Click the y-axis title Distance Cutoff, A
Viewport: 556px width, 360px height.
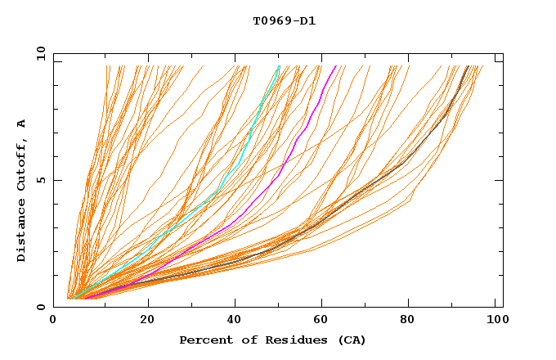point(21,191)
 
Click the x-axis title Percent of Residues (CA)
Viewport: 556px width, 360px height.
point(272,340)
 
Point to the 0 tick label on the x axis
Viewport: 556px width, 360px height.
point(54,320)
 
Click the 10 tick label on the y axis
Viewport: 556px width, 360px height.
point(40,53)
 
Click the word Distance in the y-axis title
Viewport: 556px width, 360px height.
point(21,229)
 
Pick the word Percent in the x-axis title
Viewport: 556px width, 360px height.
point(204,340)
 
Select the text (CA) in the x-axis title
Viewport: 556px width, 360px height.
point(352,340)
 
